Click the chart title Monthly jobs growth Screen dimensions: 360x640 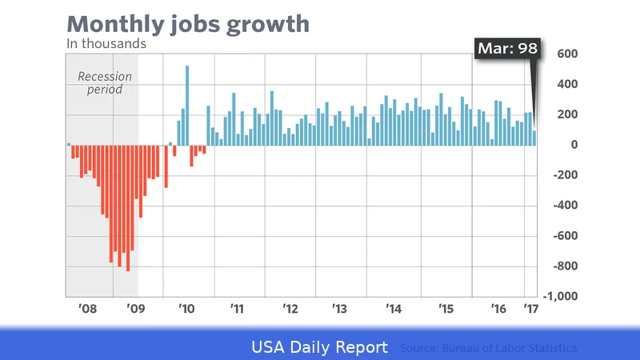(x=188, y=23)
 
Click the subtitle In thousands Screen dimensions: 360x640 (x=106, y=44)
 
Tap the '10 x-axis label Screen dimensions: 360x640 (x=186, y=308)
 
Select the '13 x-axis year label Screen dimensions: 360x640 (x=339, y=308)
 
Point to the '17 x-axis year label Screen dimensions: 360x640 (x=530, y=308)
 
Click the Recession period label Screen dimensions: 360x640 (x=104, y=83)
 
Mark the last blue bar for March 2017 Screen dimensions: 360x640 (x=535, y=138)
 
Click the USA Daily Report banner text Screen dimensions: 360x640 (x=320, y=348)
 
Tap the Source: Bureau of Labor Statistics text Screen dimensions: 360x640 (x=488, y=349)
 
